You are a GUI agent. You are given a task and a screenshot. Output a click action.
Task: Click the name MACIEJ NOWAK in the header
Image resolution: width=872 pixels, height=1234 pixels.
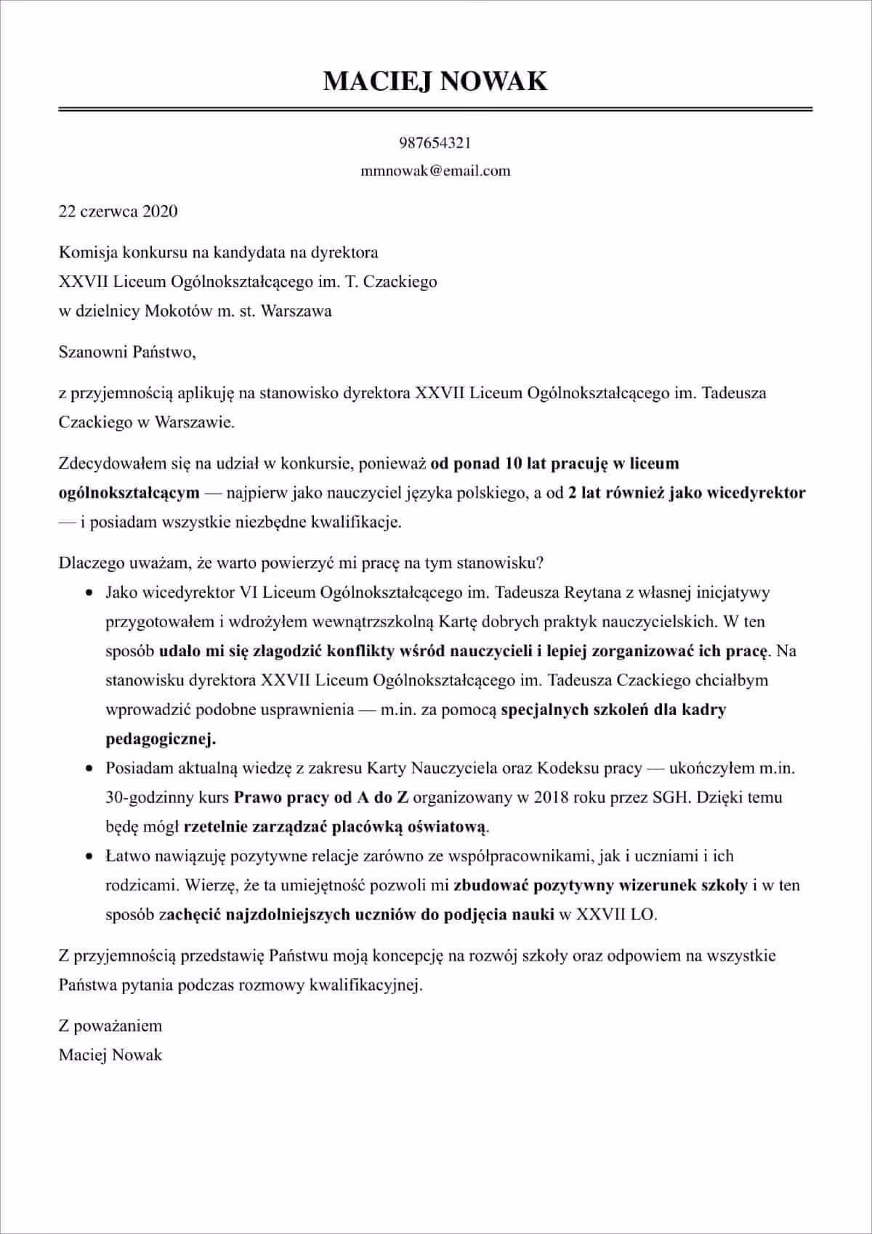coord(435,80)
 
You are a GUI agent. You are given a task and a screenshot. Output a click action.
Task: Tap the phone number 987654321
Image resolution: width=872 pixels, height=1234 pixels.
coord(435,142)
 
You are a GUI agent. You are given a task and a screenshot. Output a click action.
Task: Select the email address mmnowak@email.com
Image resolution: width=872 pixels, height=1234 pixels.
coord(435,171)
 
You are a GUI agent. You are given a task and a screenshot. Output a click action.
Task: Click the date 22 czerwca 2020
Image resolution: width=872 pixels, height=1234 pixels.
coord(118,211)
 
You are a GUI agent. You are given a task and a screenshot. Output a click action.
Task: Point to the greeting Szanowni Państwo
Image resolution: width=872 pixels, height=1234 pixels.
coord(127,352)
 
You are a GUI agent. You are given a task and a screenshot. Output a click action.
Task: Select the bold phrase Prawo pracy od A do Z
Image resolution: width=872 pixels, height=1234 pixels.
coord(320,797)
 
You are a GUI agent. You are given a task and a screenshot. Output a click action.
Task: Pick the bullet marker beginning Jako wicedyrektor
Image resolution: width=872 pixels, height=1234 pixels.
coord(89,593)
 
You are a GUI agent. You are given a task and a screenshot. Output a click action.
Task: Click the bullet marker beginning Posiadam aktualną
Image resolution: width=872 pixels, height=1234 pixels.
coord(89,768)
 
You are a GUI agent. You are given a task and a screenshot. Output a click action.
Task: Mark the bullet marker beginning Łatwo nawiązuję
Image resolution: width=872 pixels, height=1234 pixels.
coord(89,856)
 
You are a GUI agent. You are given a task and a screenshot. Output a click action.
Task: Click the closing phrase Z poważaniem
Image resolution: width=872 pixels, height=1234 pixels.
coord(110,1025)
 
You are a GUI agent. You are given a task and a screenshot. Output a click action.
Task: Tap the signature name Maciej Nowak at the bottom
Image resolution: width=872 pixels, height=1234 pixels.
coord(110,1054)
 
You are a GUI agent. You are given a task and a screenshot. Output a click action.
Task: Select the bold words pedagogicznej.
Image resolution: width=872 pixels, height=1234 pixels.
coord(161,739)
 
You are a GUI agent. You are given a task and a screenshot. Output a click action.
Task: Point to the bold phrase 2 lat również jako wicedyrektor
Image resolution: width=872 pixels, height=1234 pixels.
coord(687,493)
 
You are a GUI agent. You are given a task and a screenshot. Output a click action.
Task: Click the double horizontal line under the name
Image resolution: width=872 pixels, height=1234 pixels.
coord(435,109)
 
